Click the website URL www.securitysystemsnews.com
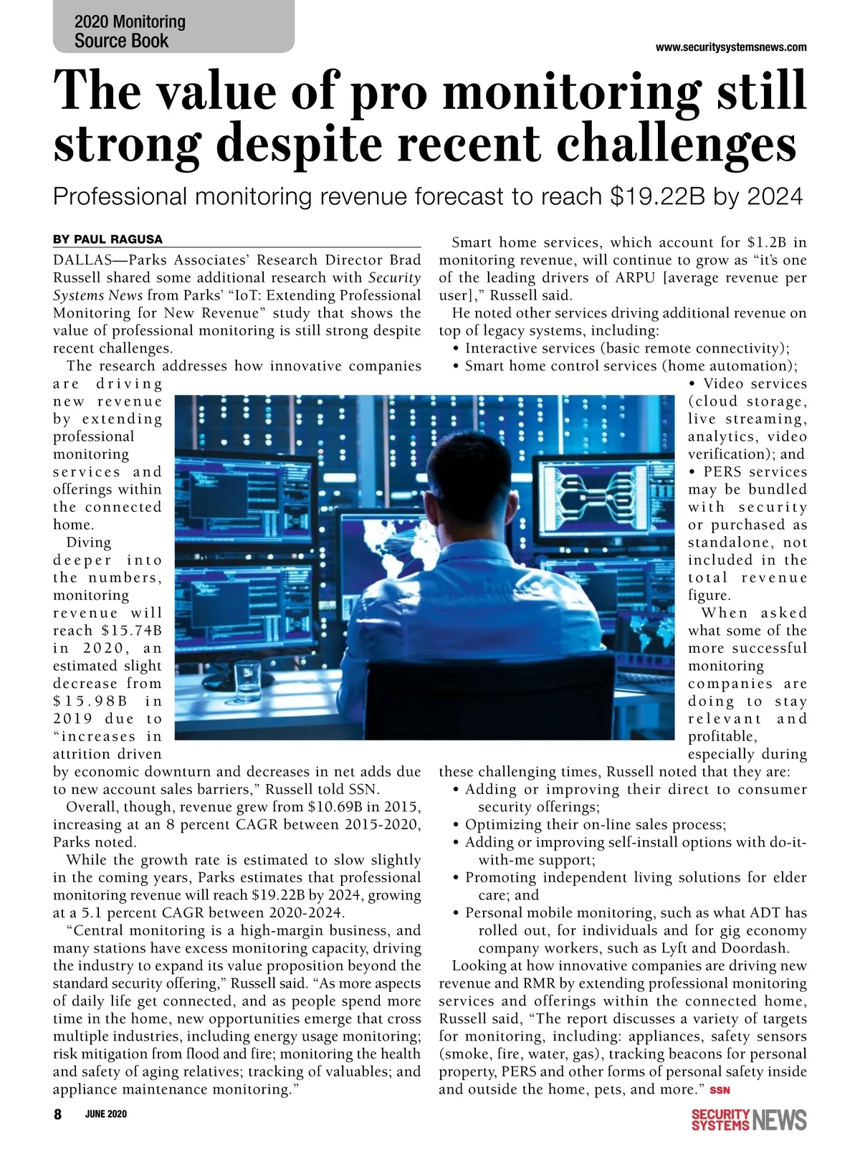coord(731,47)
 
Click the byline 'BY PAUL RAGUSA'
coord(107,239)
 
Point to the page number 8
coord(58,1114)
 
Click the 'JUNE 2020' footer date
coord(106,1114)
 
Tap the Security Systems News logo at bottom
coord(748,1119)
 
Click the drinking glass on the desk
coord(247,682)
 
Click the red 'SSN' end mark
coord(720,1091)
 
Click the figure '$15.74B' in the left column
coord(131,631)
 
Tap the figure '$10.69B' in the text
coord(331,807)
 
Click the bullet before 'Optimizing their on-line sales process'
coord(457,825)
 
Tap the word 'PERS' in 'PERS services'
coord(722,472)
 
